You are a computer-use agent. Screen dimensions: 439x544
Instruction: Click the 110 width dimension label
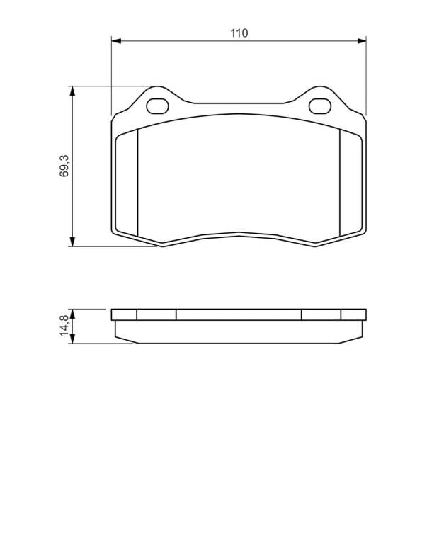pyautogui.click(x=239, y=33)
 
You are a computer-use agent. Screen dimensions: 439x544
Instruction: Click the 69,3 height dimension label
pyautogui.click(x=64, y=166)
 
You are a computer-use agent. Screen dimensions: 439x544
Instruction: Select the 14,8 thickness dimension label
pyautogui.click(x=64, y=326)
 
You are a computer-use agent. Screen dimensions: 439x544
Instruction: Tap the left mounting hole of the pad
pyautogui.click(x=157, y=106)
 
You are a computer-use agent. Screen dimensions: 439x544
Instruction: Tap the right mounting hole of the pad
pyautogui.click(x=320, y=106)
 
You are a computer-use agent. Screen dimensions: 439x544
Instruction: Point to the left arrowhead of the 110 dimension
pyautogui.click(x=116, y=41)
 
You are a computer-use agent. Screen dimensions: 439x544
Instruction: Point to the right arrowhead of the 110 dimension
pyautogui.click(x=361, y=41)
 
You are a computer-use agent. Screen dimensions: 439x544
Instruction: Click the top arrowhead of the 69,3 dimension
pyautogui.click(x=72, y=91)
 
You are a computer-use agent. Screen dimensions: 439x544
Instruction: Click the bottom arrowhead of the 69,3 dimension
pyautogui.click(x=72, y=242)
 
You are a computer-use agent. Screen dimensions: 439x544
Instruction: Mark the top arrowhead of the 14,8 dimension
pyautogui.click(x=72, y=313)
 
